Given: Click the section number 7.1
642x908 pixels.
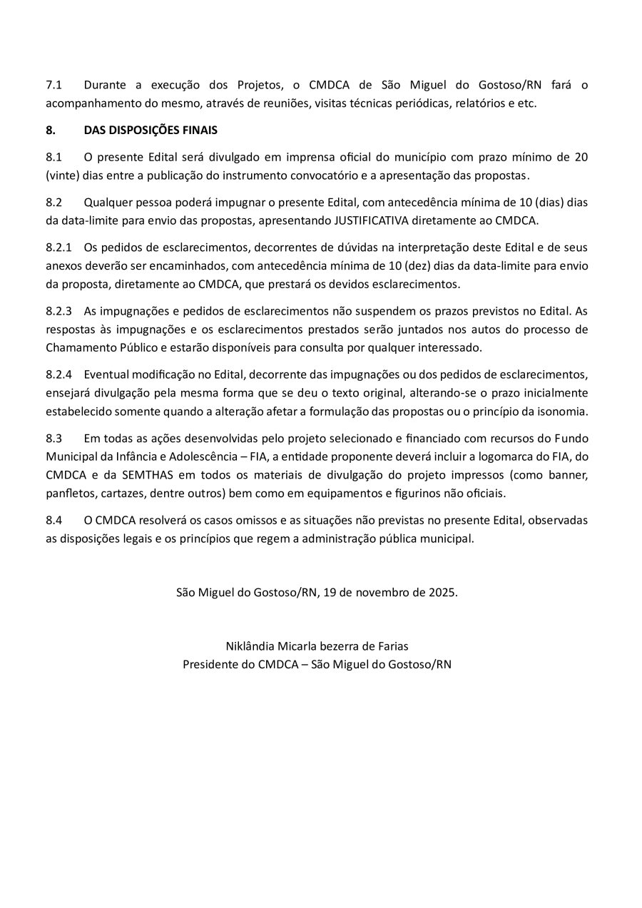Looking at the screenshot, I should click(54, 85).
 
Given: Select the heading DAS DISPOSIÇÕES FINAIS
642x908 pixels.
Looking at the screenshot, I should click(151, 131).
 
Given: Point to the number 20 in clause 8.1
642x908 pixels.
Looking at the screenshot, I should click(581, 157).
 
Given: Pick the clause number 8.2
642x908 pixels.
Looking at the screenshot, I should click(54, 203).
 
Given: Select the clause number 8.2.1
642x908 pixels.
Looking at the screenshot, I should click(58, 248).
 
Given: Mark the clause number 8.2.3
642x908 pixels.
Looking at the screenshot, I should click(58, 311).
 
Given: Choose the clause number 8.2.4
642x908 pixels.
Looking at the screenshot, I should click(58, 374).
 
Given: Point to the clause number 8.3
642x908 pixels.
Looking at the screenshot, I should click(54, 438).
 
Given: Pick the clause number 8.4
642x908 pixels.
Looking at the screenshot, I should click(54, 520).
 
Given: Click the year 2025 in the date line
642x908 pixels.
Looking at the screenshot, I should click(442, 593).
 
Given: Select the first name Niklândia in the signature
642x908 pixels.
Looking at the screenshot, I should click(250, 647).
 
